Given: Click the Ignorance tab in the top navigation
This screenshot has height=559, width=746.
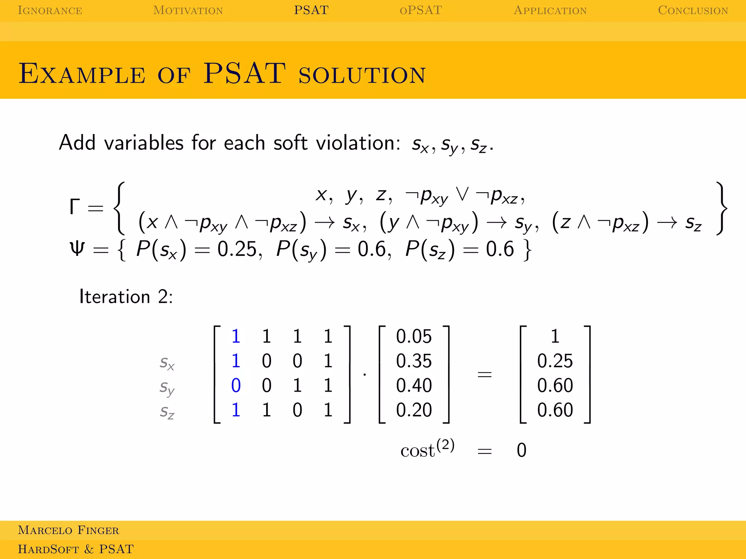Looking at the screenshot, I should [x=50, y=10].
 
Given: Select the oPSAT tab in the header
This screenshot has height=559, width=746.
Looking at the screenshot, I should [x=421, y=10].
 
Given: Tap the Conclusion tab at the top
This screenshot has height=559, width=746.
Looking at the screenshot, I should [x=693, y=10].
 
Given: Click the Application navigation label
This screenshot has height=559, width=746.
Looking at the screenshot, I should [x=550, y=10].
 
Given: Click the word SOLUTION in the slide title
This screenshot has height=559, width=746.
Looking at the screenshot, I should [x=362, y=75].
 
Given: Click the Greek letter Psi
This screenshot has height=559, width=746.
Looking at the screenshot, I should [x=77, y=249].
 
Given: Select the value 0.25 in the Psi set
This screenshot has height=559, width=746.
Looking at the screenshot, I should [x=239, y=250].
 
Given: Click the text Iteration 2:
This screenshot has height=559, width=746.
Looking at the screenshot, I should [x=126, y=297].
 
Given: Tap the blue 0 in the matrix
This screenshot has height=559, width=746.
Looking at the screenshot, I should [x=236, y=385].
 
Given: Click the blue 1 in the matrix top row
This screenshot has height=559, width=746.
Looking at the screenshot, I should [x=236, y=336].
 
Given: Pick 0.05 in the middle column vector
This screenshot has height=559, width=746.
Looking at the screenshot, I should [x=413, y=336].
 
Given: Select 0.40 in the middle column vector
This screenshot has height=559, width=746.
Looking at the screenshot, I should [x=413, y=385].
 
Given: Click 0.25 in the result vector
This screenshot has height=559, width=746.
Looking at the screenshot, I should [x=555, y=361].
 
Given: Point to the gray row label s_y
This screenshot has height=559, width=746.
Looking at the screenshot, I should [x=167, y=387].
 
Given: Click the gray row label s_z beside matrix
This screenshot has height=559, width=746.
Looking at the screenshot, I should [x=167, y=412].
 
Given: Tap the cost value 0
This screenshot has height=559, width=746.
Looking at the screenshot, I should [x=521, y=450].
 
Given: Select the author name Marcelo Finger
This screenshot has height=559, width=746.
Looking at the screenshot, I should [x=68, y=530].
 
